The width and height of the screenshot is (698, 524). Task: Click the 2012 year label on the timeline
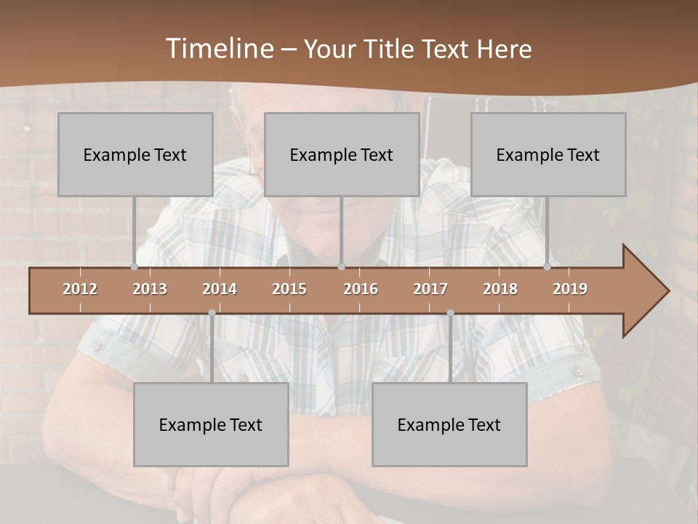coord(80,289)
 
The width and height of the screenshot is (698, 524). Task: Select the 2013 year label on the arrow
coord(150,289)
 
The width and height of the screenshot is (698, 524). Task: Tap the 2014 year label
coord(220,289)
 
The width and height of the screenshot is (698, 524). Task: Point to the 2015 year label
coord(289,289)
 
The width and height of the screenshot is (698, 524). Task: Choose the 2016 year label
coord(361,289)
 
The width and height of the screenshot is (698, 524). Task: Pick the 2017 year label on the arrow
coord(430,289)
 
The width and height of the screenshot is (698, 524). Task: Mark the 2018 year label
coord(500,289)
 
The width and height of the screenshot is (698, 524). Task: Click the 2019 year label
coord(570,289)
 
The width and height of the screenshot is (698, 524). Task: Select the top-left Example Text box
coord(135,154)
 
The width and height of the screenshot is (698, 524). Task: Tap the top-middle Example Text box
coord(342,154)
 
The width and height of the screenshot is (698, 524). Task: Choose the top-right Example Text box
coord(548,154)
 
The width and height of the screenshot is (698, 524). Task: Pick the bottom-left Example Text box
coord(211,424)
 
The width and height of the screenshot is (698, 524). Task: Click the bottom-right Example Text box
coord(449,424)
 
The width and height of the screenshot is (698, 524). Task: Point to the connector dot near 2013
coord(134,266)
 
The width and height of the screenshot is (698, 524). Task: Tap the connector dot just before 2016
coord(341,266)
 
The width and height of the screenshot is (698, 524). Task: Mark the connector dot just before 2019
coord(547,266)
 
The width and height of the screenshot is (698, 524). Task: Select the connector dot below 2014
coord(212,313)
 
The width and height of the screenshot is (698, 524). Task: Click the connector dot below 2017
coord(450,313)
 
